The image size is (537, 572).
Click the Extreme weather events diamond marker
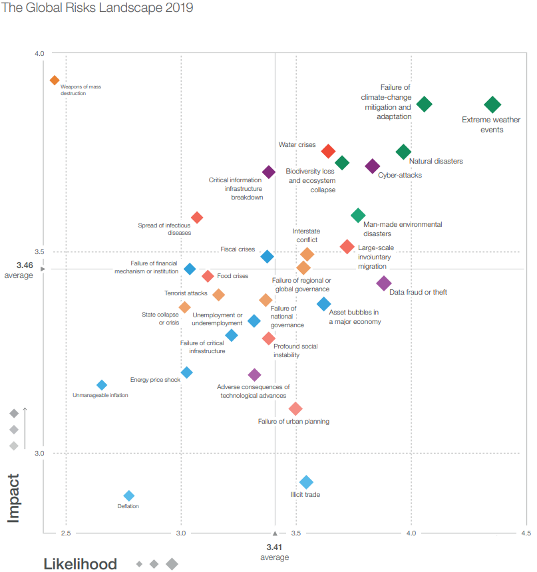click(492, 104)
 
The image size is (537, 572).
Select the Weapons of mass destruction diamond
click(55, 80)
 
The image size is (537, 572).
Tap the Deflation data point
click(129, 496)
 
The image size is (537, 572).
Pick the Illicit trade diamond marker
click(306, 482)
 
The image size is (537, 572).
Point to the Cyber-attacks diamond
click(373, 166)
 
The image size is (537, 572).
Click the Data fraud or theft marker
click(384, 283)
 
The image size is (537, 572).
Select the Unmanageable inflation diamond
click(102, 385)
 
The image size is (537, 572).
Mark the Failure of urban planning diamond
click(296, 408)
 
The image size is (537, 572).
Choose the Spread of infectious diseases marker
click(197, 217)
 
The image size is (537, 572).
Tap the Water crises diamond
click(328, 151)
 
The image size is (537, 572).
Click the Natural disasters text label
click(436, 161)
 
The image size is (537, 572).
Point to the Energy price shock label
click(155, 380)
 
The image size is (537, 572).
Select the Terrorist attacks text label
click(186, 293)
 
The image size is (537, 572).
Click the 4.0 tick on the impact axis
click(39, 53)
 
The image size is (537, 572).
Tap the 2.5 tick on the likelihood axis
click(66, 533)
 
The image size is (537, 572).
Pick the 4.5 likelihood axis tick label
click(526, 533)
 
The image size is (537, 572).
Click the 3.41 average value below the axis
click(274, 547)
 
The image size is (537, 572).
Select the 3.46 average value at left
click(25, 265)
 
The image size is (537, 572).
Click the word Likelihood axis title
click(80, 564)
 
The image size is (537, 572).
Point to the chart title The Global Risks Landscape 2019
click(98, 8)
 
